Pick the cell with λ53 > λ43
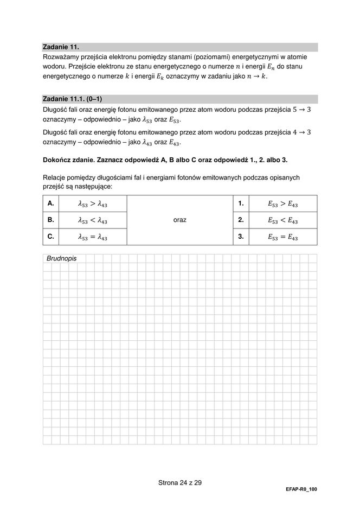pos(92,204)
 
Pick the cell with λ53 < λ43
pos(92,220)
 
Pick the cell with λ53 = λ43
pos(92,237)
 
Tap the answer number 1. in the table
pos(241,203)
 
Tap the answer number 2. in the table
pos(241,220)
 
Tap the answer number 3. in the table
pos(241,237)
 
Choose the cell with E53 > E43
pos(282,204)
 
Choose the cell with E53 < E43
pos(282,220)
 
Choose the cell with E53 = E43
pos(282,237)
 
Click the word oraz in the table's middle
pos(180,220)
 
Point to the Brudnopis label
pos(61,259)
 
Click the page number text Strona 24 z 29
pos(180,482)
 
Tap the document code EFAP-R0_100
pos(301,489)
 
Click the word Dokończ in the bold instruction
pos(58,160)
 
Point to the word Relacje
pos(55,177)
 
